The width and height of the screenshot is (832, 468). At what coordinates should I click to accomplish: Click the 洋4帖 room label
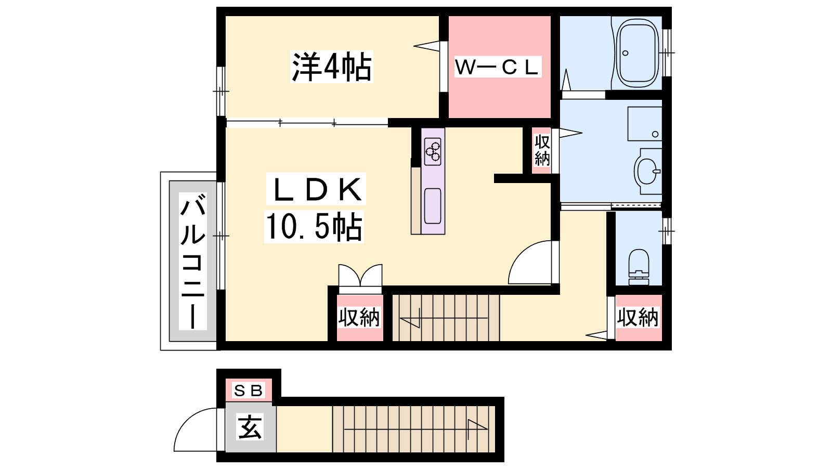pos(331,67)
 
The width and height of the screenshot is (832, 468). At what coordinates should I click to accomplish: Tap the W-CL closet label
pos(497,67)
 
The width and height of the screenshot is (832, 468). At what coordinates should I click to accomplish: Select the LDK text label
pos(316,189)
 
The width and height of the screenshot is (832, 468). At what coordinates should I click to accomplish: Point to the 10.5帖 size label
pos(314,227)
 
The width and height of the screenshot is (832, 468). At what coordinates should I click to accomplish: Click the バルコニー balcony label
pos(193,261)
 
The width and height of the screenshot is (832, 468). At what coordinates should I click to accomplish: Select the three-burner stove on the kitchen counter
pos(433,151)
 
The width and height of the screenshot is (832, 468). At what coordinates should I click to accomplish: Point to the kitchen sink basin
pos(433,206)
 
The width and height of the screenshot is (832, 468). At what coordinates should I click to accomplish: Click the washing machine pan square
pos(645,124)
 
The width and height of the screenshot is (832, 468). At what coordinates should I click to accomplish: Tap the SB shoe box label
pos(248,391)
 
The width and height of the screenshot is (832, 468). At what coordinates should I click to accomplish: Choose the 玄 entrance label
pos(250,427)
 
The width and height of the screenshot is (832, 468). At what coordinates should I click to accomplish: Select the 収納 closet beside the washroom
pos(541,150)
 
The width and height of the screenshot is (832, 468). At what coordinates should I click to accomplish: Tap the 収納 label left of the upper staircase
pos(359,317)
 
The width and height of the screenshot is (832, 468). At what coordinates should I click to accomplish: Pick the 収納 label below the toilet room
pos(638,317)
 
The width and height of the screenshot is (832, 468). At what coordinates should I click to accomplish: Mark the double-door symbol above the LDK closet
pos(360,275)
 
